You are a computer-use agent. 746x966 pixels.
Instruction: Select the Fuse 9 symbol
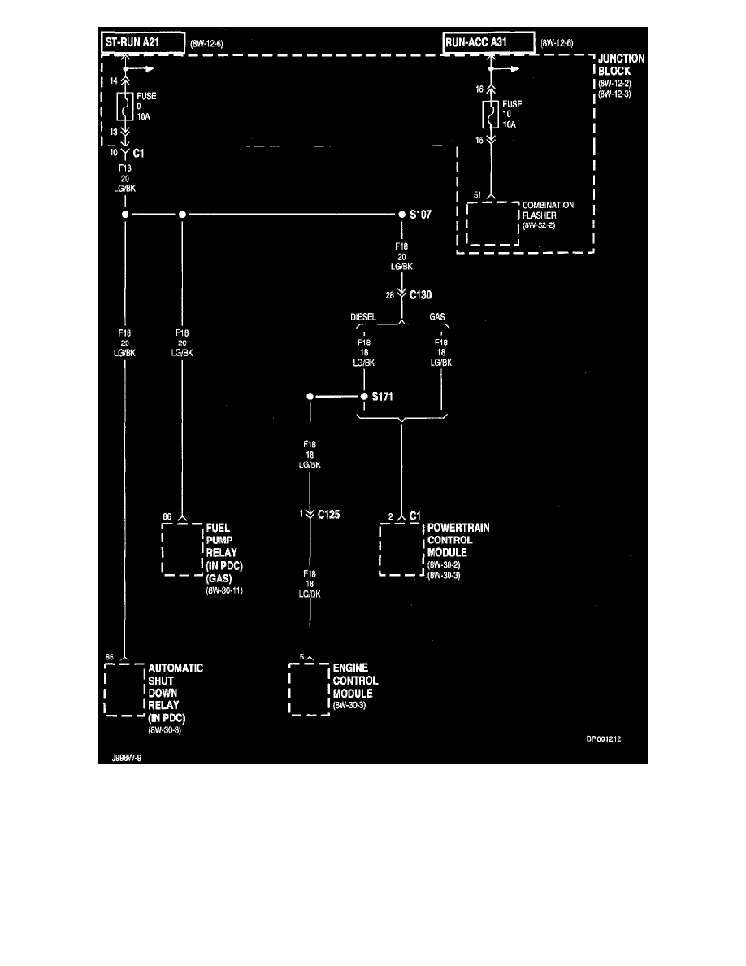(x=125, y=106)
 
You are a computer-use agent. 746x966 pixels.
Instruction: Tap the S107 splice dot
(x=401, y=215)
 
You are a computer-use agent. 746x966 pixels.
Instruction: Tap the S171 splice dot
(x=364, y=398)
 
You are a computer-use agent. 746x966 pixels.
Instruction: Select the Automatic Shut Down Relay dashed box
(x=124, y=690)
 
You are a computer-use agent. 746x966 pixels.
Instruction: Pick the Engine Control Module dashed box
(x=310, y=690)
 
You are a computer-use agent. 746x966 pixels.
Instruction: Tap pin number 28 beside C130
(x=390, y=297)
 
